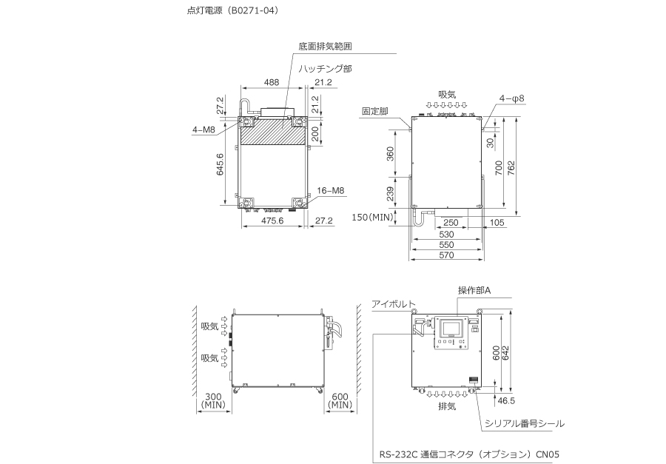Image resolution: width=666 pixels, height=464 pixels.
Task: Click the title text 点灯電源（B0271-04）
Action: point(234,10)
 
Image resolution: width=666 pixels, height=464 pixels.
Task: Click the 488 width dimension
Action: point(272,82)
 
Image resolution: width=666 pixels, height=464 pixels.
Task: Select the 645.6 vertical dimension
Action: point(220,164)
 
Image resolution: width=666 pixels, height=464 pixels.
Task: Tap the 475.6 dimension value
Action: point(272,221)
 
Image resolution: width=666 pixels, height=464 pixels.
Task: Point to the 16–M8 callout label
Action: point(331,190)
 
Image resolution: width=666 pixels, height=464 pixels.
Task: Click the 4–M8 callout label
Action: point(204,130)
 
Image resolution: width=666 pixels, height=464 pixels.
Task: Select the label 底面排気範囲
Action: point(325,47)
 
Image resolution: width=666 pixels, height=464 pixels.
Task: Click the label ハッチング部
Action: point(325,68)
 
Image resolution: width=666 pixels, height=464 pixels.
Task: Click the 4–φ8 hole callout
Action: point(512,98)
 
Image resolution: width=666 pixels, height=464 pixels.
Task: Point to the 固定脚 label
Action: point(375,111)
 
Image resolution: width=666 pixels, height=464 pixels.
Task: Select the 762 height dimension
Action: point(511,168)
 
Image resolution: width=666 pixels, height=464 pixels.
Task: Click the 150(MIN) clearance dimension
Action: point(373,218)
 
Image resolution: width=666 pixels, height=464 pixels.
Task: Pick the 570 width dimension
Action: point(446,255)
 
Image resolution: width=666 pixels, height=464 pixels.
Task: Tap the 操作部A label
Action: point(474,290)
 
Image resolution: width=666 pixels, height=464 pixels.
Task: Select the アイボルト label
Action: point(394,304)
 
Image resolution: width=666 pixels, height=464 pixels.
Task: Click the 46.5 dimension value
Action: point(506,400)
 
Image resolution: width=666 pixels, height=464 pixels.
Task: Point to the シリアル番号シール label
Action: point(525,423)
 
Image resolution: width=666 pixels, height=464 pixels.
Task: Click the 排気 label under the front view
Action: point(447,406)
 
